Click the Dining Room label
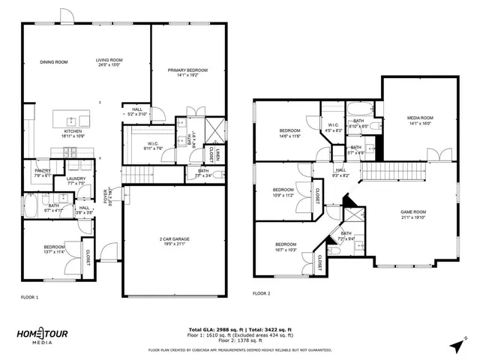pos(54,62)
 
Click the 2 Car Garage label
pos(174,241)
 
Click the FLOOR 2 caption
pos(261,293)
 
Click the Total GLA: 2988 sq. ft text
pos(213,328)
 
